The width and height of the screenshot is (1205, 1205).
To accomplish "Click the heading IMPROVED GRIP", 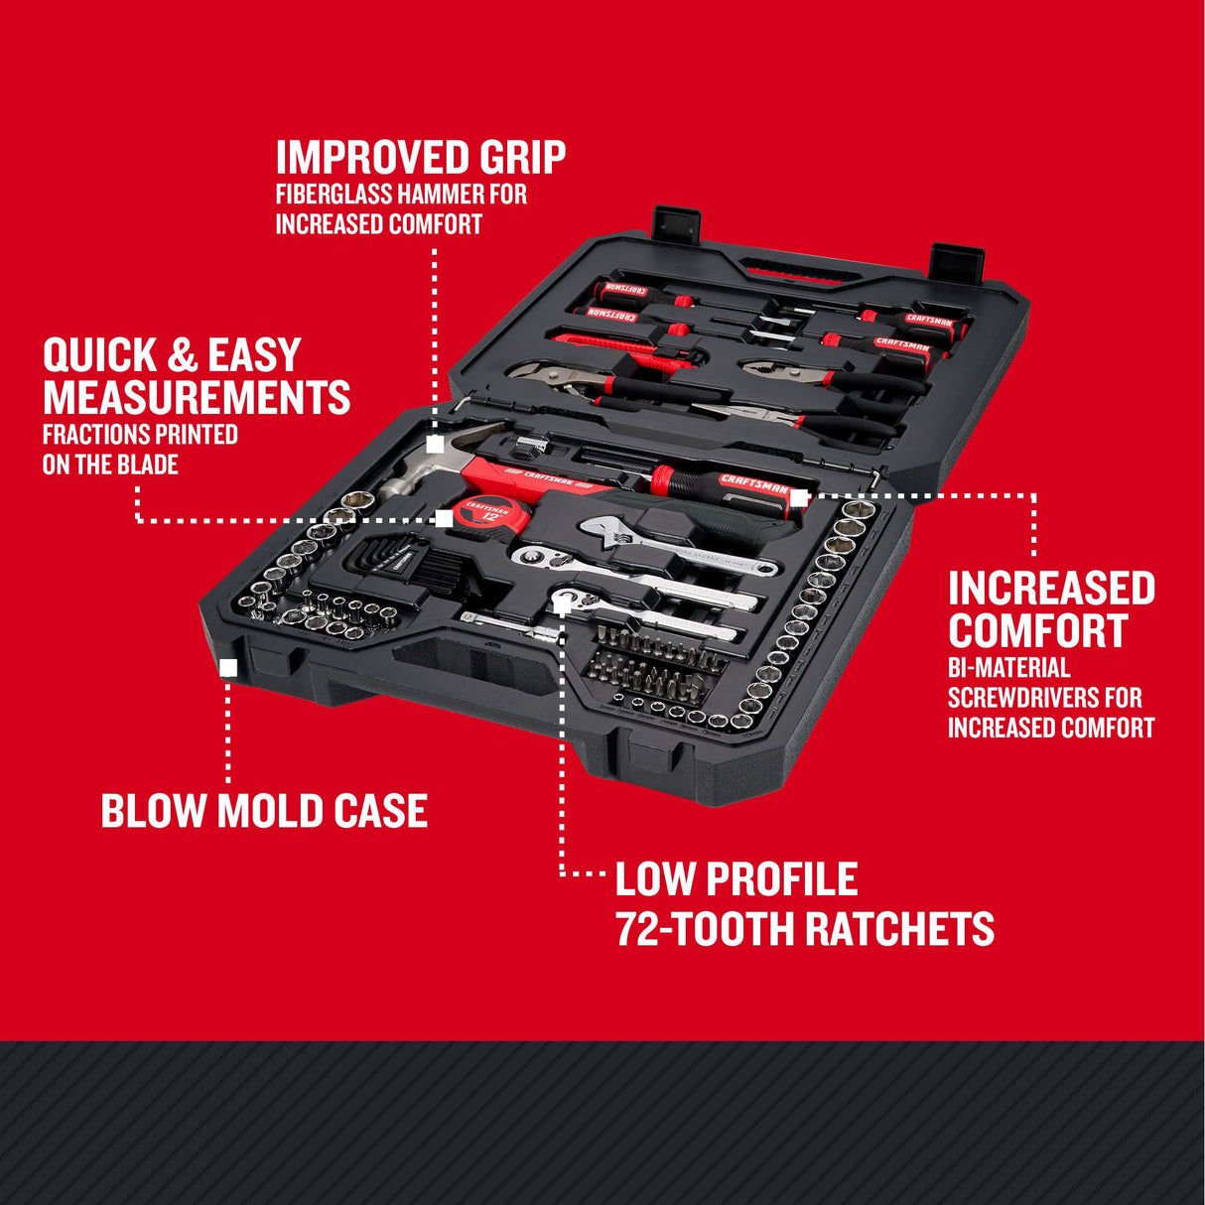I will click(x=421, y=158).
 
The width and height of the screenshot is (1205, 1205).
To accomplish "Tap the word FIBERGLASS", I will click(x=334, y=194).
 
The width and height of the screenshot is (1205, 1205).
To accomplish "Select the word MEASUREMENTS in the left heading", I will click(x=197, y=397).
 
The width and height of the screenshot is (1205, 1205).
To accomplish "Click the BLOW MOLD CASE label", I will click(x=264, y=811).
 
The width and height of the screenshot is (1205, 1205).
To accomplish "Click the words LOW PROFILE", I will click(x=736, y=879).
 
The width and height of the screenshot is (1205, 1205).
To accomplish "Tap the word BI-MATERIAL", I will click(x=1008, y=668).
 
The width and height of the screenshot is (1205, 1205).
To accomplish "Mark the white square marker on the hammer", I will click(x=435, y=445).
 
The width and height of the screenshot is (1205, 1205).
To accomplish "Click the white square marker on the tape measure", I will click(x=445, y=518).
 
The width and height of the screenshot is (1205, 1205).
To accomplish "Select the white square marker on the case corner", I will click(x=228, y=668).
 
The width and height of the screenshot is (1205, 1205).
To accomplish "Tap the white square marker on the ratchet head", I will click(x=562, y=603).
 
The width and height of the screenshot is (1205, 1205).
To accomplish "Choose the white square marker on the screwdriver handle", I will click(x=799, y=497).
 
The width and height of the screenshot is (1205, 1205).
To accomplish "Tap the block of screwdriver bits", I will click(x=650, y=660).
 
